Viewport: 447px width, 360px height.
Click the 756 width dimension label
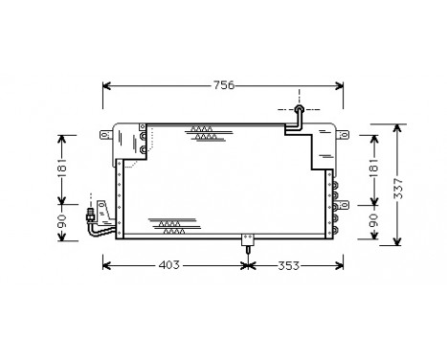[223, 85]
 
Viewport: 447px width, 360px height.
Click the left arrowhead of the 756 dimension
[106, 86]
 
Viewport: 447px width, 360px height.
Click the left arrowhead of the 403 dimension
[106, 264]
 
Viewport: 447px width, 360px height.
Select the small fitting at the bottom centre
[248, 240]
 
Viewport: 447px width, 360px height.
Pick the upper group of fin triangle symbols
[203, 133]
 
